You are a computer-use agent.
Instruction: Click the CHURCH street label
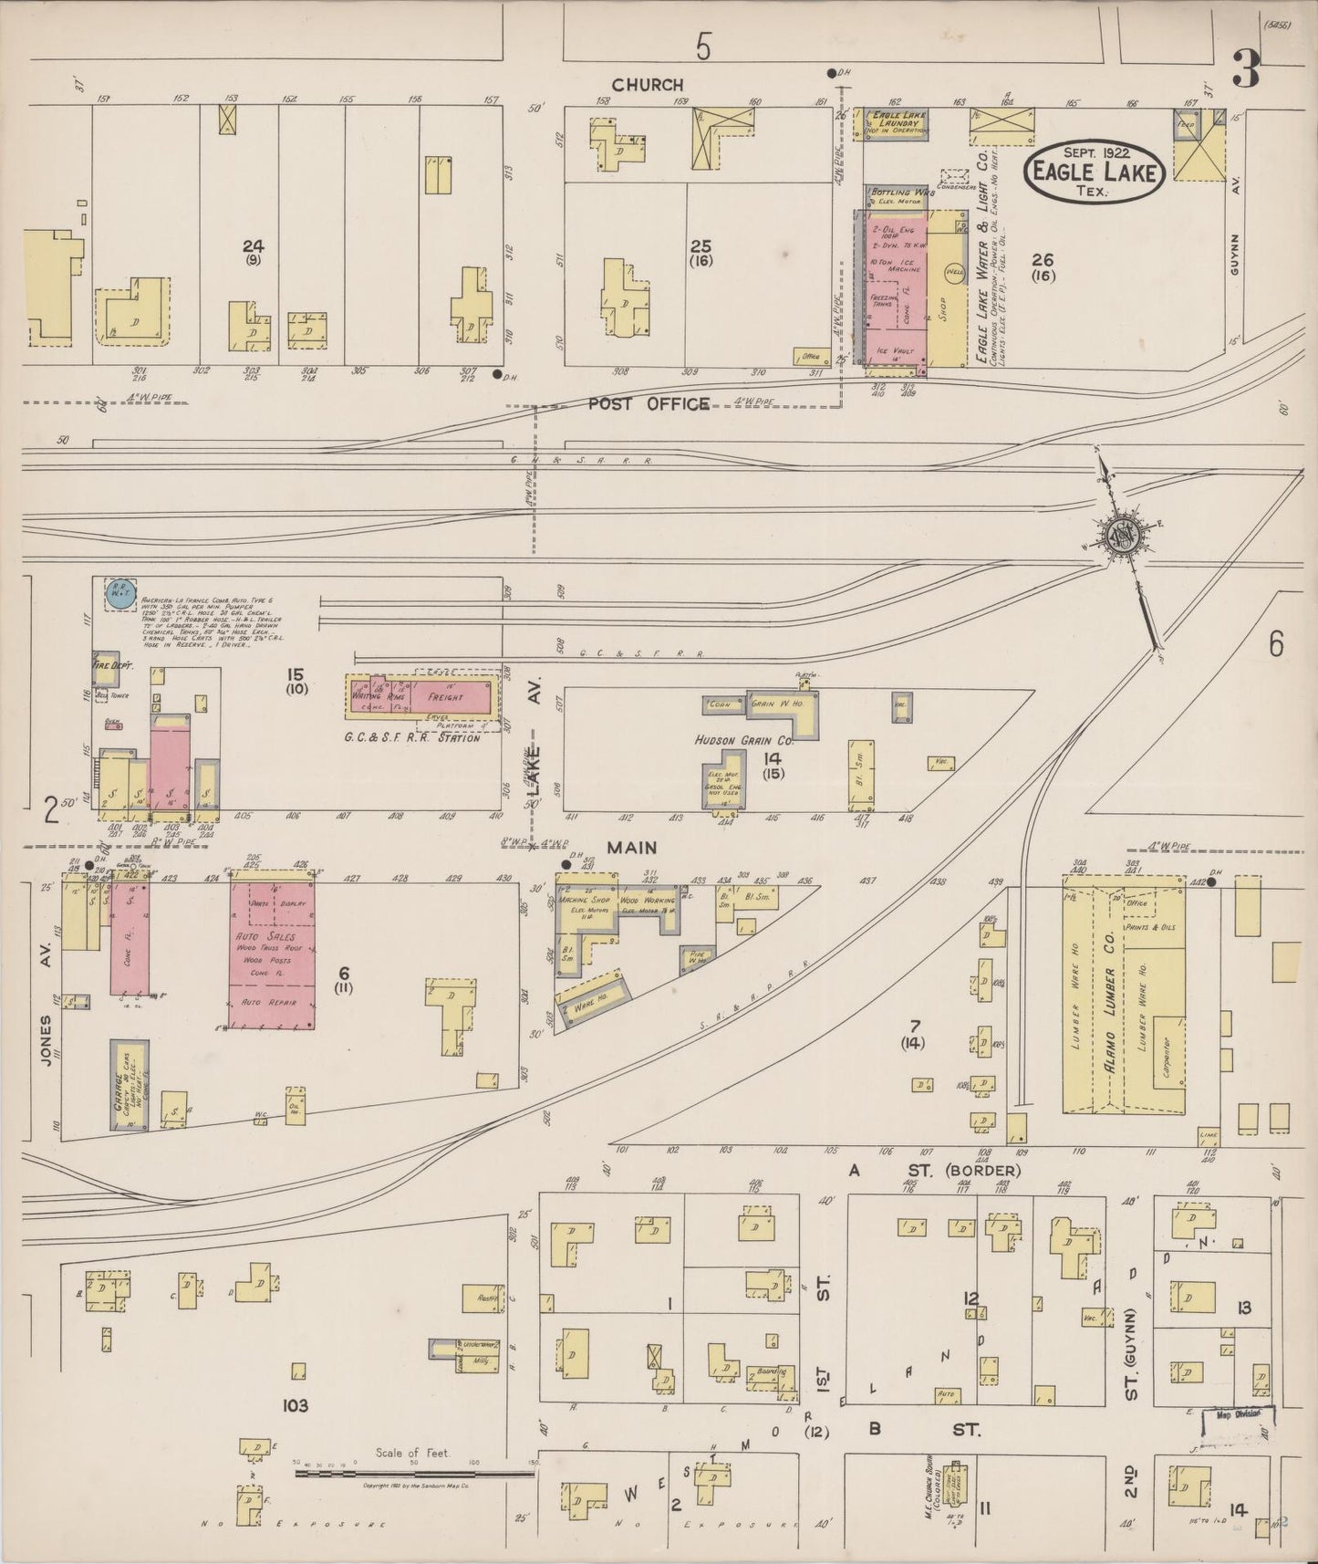tap(648, 85)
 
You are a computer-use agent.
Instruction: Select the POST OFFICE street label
tap(649, 403)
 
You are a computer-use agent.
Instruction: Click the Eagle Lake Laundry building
tap(892, 124)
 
